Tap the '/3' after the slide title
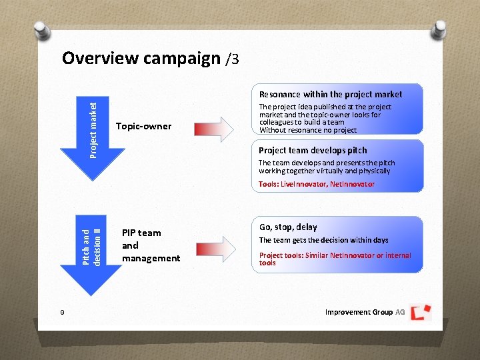(232, 59)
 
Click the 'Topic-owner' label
(143, 126)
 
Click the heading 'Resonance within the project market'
(330, 95)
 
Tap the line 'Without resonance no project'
(307, 130)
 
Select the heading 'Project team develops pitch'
(312, 151)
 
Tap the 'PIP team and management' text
(151, 245)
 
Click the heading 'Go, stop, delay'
(288, 227)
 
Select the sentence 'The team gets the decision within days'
(323, 240)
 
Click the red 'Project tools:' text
(281, 255)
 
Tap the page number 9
(61, 313)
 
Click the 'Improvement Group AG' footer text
(365, 312)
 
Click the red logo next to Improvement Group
(420, 312)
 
